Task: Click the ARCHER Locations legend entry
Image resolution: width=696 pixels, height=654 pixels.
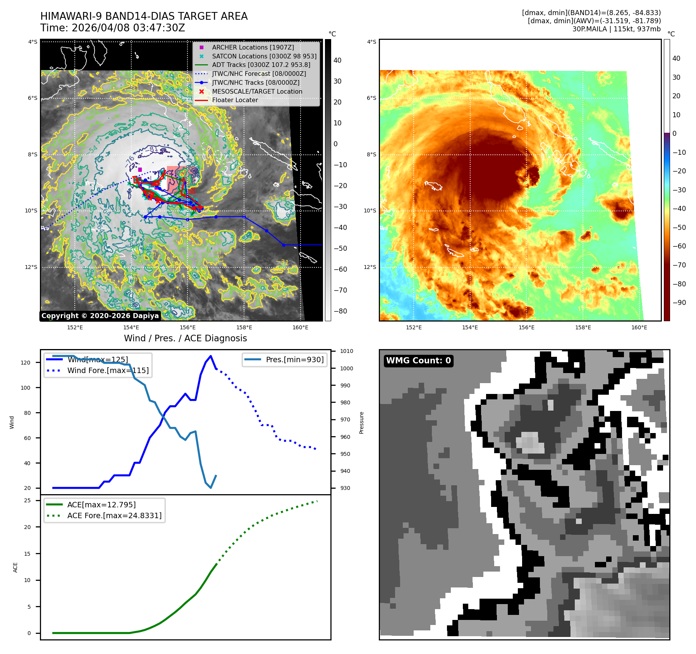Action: tap(253, 47)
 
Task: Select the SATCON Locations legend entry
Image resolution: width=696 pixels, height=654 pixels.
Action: tap(264, 56)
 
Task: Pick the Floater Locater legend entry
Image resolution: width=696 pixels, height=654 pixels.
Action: tap(235, 100)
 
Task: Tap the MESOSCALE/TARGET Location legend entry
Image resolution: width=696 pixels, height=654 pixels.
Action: tap(257, 91)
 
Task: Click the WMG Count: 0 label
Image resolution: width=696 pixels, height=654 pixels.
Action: tap(418, 361)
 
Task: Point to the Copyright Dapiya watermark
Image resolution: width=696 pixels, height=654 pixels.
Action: tap(100, 316)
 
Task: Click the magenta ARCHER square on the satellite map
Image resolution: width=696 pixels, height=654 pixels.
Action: tap(140, 169)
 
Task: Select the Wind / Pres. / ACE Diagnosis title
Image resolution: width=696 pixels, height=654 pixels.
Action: tap(185, 338)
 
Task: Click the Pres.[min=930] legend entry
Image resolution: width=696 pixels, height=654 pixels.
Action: tap(294, 360)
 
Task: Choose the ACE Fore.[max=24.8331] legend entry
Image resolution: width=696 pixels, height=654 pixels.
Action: tap(114, 515)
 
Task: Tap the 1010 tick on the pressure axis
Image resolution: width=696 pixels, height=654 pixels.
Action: tap(347, 351)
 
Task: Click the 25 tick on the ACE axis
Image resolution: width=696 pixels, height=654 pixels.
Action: tap(27, 500)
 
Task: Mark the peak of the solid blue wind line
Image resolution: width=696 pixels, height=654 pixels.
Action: tap(211, 356)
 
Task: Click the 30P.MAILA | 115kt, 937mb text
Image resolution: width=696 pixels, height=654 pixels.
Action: tap(616, 29)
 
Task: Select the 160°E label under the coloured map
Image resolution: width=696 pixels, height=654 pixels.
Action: tap(639, 327)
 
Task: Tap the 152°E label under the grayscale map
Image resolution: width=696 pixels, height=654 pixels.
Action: tap(75, 327)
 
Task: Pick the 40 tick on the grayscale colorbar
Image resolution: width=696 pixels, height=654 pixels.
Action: tap(337, 60)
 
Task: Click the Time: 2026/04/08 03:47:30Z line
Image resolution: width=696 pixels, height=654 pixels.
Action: tap(113, 28)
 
